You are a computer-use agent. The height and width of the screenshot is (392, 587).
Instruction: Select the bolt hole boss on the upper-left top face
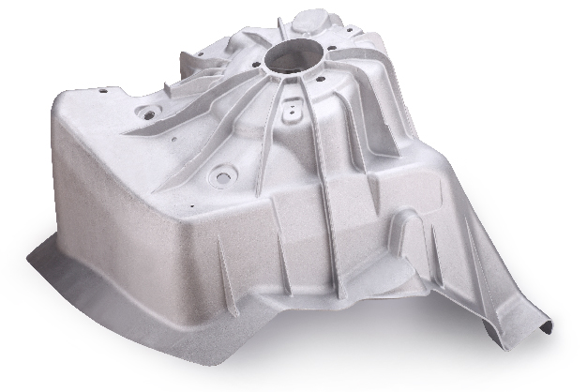pyautogui.click(x=145, y=110)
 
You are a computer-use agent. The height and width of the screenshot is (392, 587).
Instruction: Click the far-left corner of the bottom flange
pyautogui.click(x=31, y=254)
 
